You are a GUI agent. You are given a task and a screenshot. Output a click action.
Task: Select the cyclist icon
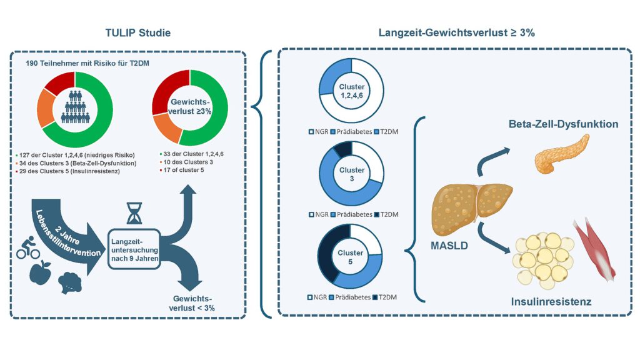(x=28, y=246)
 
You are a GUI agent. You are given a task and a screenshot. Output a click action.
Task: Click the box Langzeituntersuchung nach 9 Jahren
(x=134, y=249)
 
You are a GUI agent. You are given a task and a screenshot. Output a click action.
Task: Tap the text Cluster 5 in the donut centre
(x=351, y=257)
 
